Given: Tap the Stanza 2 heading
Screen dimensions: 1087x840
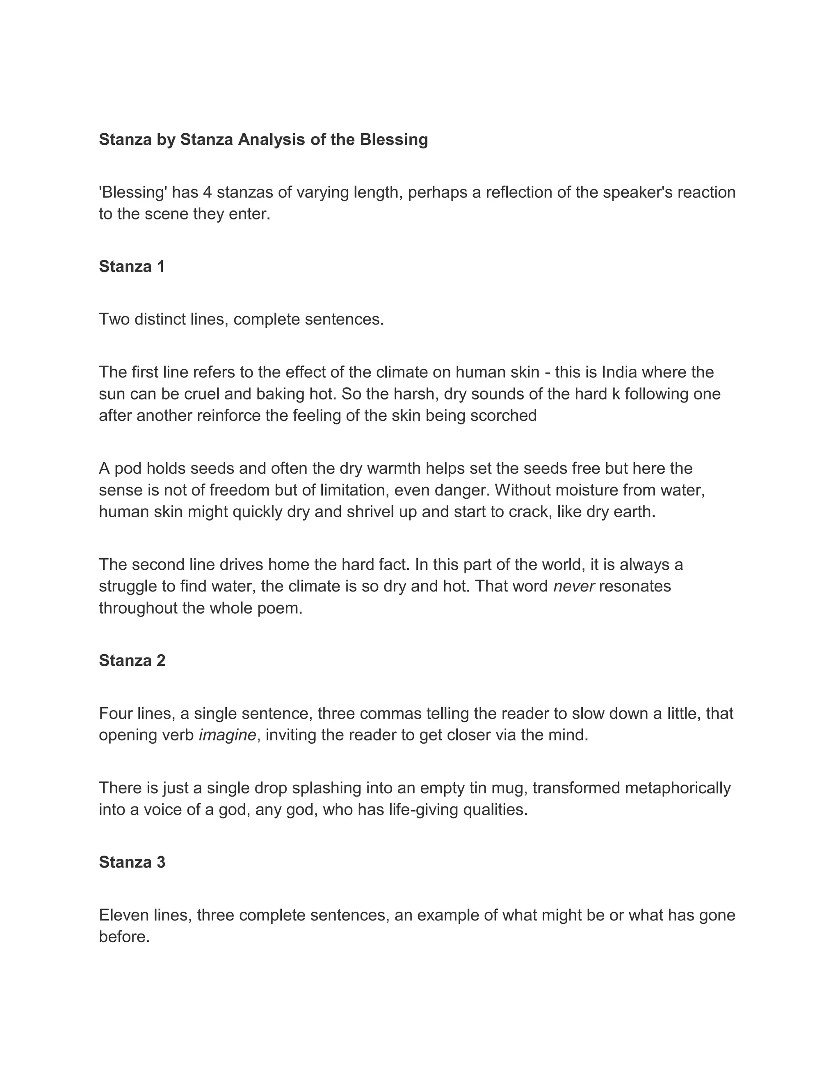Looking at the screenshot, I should coord(132,660).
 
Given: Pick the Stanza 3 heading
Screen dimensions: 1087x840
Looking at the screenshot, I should coord(132,862).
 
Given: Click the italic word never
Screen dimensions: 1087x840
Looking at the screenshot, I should coord(574,586).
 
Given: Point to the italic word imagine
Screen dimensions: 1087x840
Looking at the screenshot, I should coord(227,735).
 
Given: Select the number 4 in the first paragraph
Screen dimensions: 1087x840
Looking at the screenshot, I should coord(208,192).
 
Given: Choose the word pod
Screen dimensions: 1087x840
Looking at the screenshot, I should coord(128,469).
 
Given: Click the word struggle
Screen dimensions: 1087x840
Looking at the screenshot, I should coord(127,586).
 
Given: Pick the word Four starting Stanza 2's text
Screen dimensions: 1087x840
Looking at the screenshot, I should coord(115,714).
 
